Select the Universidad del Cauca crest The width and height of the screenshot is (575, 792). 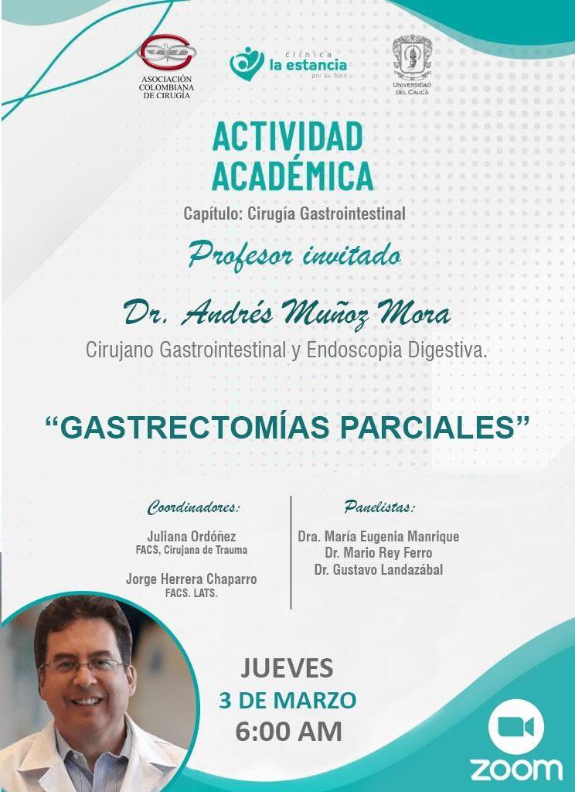[411, 58]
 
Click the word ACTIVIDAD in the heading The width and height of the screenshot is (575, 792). [287, 137]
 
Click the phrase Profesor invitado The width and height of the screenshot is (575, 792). [294, 254]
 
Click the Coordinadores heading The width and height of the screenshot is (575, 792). [193, 508]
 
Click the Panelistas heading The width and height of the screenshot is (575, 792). [379, 508]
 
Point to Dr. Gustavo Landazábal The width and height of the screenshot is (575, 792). [378, 570]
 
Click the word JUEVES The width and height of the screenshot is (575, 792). [287, 667]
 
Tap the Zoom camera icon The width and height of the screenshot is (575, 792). [516, 727]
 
